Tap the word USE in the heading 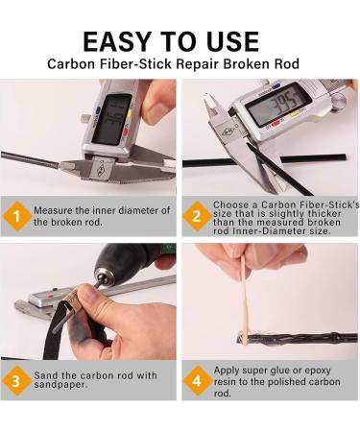232,41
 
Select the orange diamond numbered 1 16,217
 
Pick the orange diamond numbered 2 197,216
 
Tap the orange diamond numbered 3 16,381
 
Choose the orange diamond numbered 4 197,381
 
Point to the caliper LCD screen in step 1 112,119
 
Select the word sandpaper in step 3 60,385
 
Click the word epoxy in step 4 318,372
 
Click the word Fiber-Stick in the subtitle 135,64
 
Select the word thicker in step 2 324,214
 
